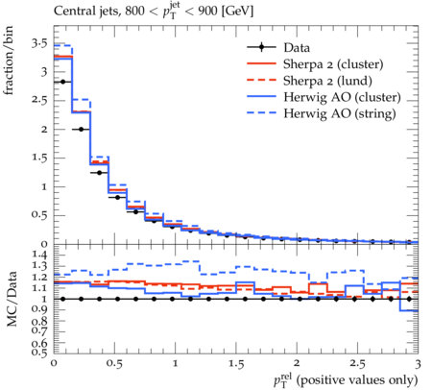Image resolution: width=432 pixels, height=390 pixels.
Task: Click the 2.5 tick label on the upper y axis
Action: [x=39, y=100]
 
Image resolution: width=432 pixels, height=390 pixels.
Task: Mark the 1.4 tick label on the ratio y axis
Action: [x=39, y=255]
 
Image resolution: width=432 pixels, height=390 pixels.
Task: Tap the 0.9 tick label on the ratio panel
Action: [x=39, y=309]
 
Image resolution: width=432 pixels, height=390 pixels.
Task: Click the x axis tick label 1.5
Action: [x=236, y=364]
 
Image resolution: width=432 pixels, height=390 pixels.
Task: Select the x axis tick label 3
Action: [x=418, y=364]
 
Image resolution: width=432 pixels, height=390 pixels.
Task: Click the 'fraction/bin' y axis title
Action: [x=9, y=61]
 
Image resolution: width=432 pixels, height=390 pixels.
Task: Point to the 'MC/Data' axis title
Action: [x=12, y=299]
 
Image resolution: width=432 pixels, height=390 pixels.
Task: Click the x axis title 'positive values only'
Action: [x=357, y=380]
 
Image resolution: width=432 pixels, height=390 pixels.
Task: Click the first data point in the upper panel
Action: [x=62, y=82]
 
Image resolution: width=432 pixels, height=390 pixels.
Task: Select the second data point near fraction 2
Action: [x=81, y=130]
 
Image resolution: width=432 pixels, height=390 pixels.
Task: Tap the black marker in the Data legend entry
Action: [x=261, y=47]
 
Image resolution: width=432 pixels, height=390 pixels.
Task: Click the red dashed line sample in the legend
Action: [x=261, y=80]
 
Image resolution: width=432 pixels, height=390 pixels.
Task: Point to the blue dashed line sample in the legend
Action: [x=261, y=113]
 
